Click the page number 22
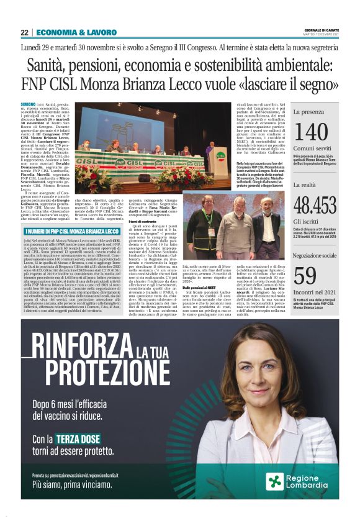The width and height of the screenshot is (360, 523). [24, 32]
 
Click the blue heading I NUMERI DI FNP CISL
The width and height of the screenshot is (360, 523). [55, 232]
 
